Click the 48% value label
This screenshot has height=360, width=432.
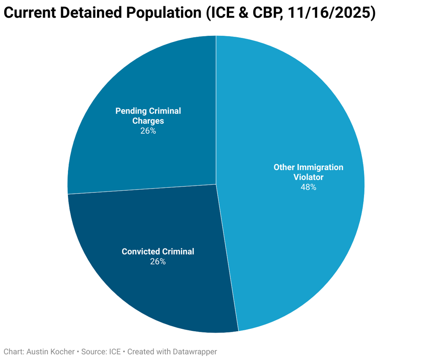coord(308,187)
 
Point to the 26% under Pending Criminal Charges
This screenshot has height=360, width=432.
coord(148,131)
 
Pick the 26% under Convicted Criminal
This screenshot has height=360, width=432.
coord(158,262)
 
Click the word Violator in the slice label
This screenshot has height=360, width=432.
coord(308,177)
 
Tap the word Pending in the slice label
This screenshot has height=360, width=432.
coord(131,111)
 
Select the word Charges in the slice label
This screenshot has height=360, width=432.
coord(148,121)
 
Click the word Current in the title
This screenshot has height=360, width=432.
coord(30,14)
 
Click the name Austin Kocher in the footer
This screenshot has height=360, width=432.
coord(51,352)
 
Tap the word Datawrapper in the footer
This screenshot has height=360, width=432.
coord(196,352)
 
